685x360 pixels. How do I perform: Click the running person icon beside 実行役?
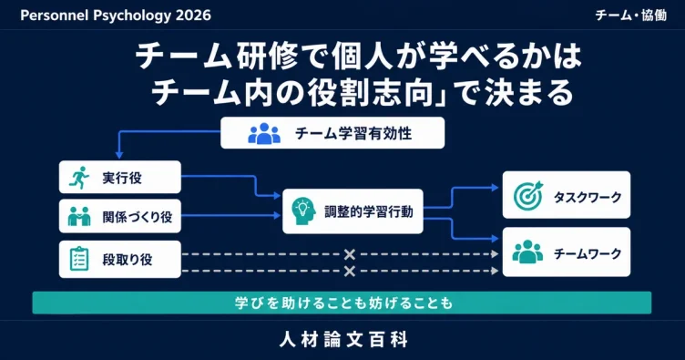click(79, 178)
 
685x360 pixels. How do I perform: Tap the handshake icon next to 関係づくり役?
click(79, 216)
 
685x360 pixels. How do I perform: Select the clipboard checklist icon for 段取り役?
click(79, 259)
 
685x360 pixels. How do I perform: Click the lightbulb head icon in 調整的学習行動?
click(303, 211)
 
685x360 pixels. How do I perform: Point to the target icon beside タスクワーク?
click(528, 195)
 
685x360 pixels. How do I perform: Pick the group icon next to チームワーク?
click(527, 252)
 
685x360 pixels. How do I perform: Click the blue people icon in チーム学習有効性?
click(264, 133)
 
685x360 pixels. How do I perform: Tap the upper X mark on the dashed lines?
click(350, 254)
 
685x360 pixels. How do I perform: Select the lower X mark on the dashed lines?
click(350, 272)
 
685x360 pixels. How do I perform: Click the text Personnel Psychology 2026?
click(116, 15)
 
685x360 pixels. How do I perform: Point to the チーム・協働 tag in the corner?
click(631, 15)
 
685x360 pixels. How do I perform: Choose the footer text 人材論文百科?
click(343, 339)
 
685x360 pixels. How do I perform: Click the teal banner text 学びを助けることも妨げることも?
click(343, 303)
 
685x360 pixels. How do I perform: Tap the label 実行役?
click(122, 178)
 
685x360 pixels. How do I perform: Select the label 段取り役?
click(128, 260)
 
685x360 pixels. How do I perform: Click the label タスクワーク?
click(588, 197)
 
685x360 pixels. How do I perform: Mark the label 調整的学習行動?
click(369, 211)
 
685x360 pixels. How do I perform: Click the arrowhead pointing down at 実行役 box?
click(118, 155)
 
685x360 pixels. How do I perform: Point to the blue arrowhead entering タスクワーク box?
click(495, 188)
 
